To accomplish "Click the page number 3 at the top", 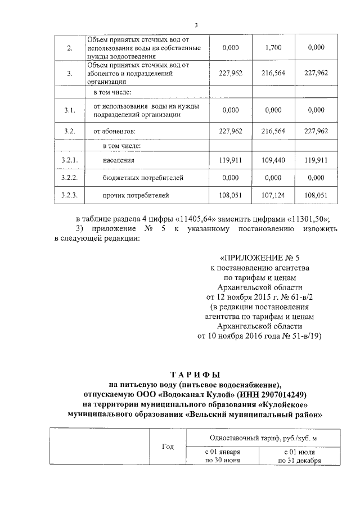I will click(196, 25).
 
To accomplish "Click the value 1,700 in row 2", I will click(273, 48).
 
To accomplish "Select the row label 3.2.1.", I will click(69, 160).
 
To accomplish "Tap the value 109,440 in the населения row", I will click(273, 160).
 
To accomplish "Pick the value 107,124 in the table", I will click(273, 195).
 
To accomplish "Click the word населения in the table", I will click(118, 160).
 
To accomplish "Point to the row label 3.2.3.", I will click(69, 195).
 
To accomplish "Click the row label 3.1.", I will click(69, 110).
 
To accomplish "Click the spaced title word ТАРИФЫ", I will click(195, 374).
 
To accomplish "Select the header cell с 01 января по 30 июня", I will click(222, 456).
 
